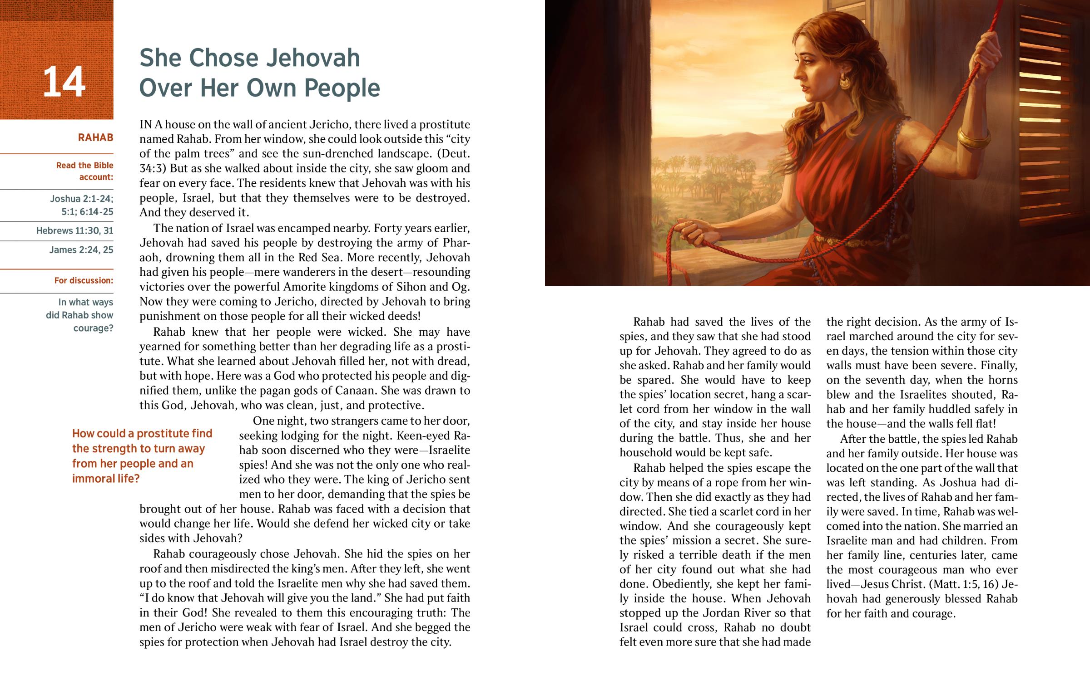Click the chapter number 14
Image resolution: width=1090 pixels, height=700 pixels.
[x=64, y=82]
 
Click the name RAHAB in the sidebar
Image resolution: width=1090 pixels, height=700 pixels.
[x=95, y=137]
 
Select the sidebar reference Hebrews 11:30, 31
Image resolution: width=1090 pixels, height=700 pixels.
[x=74, y=230]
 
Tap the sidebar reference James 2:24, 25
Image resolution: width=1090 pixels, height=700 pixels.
[x=81, y=250]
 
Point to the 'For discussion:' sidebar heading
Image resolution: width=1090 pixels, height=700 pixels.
[x=84, y=280]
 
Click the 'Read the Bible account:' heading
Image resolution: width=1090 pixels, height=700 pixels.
[x=84, y=171]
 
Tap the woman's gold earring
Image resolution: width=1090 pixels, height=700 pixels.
[x=844, y=82]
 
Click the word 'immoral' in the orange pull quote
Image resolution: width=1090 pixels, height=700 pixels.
[x=94, y=479]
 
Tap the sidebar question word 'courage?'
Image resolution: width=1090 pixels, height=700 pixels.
[x=93, y=328]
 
